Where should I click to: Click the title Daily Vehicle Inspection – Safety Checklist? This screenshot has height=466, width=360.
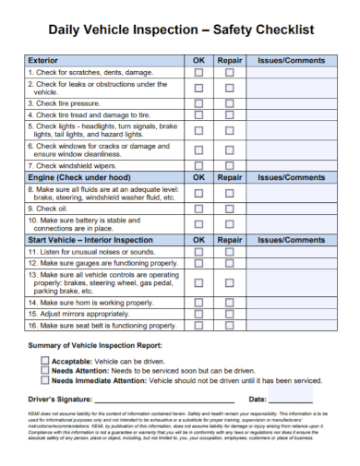[x=180, y=30]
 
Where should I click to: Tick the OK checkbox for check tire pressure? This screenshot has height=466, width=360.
[x=198, y=104]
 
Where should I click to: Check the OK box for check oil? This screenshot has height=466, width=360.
[x=198, y=209]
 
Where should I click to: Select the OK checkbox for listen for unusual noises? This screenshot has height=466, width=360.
[x=198, y=251]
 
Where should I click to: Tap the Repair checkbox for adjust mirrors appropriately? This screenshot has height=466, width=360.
[x=230, y=314]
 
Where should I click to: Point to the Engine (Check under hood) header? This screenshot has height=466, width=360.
[x=78, y=176]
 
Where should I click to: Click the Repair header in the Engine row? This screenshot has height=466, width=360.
[x=230, y=176]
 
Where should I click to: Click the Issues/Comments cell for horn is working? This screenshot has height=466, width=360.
[x=293, y=302]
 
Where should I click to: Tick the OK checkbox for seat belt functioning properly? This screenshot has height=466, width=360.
[x=198, y=326]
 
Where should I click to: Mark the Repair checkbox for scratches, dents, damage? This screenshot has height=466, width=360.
[x=230, y=71]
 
